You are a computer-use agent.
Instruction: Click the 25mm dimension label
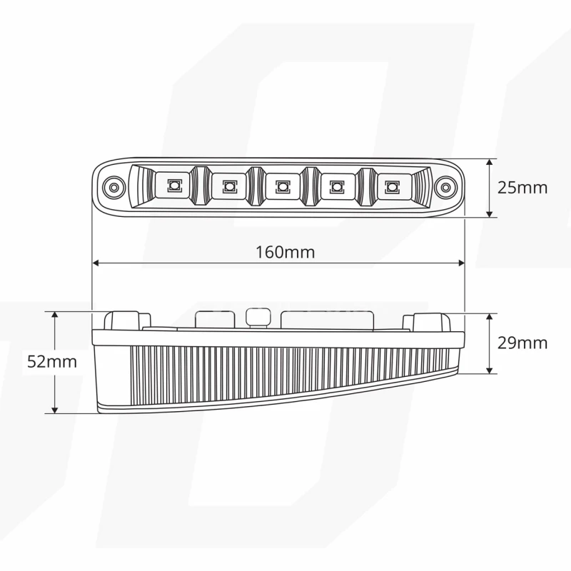(x=522, y=188)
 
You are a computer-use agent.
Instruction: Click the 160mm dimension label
(x=285, y=252)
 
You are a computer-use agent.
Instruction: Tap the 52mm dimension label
(x=51, y=361)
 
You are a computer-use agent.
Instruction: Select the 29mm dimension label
(x=522, y=343)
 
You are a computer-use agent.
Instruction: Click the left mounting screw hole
(x=112, y=188)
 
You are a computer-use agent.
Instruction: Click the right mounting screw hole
(x=446, y=188)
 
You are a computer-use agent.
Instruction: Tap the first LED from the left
(x=172, y=187)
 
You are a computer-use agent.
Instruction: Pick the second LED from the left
(x=228, y=187)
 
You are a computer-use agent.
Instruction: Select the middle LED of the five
(x=283, y=187)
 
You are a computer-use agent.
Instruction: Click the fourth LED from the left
(x=336, y=187)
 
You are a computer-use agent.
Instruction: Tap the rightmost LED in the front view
(x=390, y=187)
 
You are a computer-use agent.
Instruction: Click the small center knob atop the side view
(x=257, y=316)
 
